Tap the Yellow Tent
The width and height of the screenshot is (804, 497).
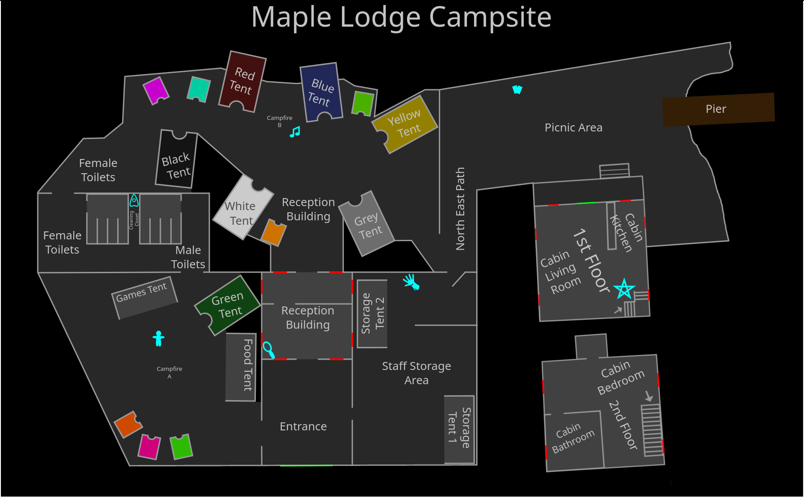point(405,124)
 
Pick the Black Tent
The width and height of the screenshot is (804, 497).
point(176,159)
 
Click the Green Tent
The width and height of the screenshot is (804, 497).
point(227,305)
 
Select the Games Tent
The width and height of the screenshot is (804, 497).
point(144,297)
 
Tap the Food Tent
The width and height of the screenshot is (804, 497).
point(241,366)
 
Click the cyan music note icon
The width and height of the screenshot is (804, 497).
point(295,132)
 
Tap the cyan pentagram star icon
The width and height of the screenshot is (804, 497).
point(624,289)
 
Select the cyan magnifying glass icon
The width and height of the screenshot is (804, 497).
point(269,350)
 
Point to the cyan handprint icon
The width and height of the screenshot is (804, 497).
point(411,282)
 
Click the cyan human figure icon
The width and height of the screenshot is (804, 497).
point(159,338)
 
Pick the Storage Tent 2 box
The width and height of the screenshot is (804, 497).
point(372,314)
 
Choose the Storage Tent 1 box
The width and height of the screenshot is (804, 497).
point(459,429)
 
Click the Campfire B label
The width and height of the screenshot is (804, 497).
point(279,121)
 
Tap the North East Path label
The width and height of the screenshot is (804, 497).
point(460,209)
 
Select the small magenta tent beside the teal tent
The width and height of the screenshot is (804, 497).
point(156,90)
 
